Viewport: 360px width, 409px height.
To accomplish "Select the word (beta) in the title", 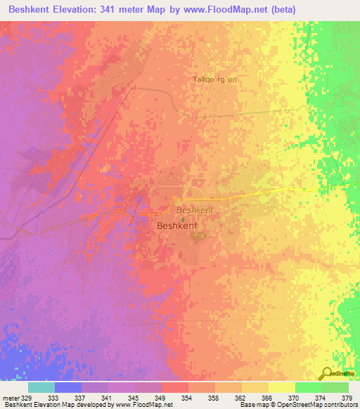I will coord(281,9).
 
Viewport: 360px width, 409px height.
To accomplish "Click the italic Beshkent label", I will coord(193,209).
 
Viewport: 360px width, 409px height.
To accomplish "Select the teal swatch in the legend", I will coord(41,387).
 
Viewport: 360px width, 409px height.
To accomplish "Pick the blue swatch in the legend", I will coord(67,387).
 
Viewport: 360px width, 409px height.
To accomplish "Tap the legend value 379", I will coord(347,398).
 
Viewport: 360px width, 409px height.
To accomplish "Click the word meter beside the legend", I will coord(11,398).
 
